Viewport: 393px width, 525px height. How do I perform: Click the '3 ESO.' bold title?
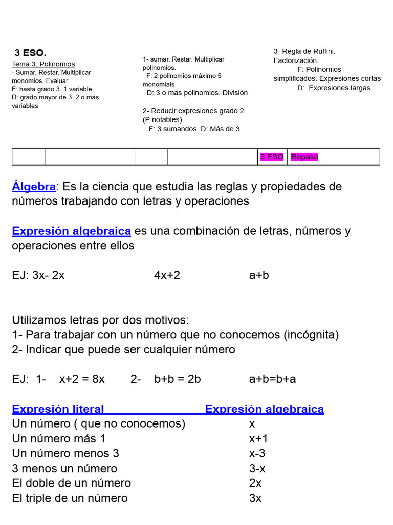30,53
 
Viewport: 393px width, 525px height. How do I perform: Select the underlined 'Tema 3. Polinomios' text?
43,64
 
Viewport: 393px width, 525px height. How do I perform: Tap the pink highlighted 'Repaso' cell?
304,157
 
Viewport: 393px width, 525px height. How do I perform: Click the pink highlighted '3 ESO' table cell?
272,157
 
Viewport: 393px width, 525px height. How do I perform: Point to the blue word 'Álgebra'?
34,186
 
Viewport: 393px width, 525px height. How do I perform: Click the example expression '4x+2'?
167,275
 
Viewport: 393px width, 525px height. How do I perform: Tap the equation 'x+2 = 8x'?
82,379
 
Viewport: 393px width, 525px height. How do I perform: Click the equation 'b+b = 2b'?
177,379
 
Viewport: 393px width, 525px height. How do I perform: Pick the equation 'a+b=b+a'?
272,379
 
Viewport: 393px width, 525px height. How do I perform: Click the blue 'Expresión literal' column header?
58,409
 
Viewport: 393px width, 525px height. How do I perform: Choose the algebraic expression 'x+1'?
258,439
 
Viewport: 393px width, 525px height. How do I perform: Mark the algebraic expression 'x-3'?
257,454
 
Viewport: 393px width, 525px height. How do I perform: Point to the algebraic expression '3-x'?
257,469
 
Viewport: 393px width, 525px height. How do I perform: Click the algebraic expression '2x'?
255,483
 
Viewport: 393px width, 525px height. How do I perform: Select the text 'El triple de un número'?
70,498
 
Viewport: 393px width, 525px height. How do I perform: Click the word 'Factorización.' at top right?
296,60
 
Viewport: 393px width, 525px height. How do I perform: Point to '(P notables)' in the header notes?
162,119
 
